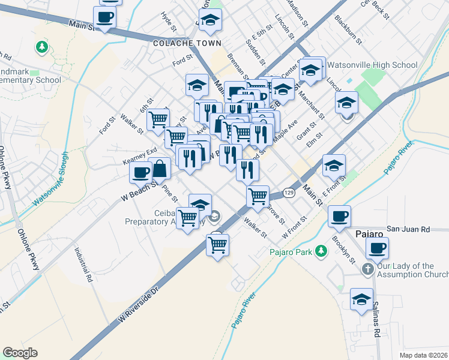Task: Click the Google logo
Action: pyautogui.click(x=21, y=353)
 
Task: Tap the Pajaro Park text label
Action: pyautogui.click(x=291, y=251)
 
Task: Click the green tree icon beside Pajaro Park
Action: pyautogui.click(x=322, y=251)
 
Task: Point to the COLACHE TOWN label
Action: pyautogui.click(x=187, y=43)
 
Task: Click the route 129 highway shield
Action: pyautogui.click(x=289, y=193)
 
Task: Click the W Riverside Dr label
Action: pyautogui.click(x=137, y=306)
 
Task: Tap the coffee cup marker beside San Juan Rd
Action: pyautogui.click(x=339, y=216)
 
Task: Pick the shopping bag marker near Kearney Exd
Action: pyautogui.click(x=160, y=169)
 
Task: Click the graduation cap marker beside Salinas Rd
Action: pyautogui.click(x=361, y=299)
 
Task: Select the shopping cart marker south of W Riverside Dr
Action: pyautogui.click(x=217, y=244)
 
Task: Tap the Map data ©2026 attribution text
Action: pyautogui.click(x=423, y=355)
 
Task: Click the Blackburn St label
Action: pyautogui.click(x=349, y=30)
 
